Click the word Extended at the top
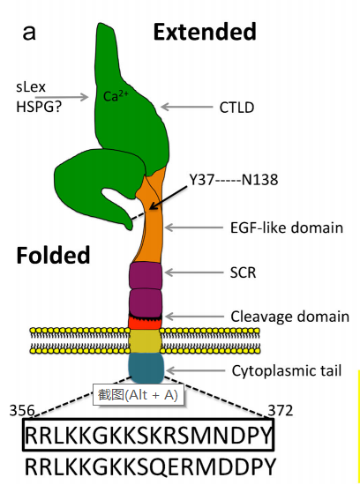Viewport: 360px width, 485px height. (205, 32)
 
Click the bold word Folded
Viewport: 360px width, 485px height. (53, 255)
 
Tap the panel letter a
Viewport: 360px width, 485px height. (29, 34)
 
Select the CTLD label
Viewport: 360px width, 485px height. (236, 108)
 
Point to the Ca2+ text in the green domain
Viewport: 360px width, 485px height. (116, 95)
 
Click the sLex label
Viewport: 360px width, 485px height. (31, 87)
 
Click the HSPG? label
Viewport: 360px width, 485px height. (39, 107)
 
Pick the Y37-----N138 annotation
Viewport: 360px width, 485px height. (234, 180)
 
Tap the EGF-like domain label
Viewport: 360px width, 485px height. (287, 228)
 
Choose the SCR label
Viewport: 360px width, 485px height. (243, 272)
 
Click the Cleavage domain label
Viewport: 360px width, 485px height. (290, 317)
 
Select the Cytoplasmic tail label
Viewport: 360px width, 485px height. (287, 370)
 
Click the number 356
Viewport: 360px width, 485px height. (22, 411)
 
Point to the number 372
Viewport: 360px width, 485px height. (280, 411)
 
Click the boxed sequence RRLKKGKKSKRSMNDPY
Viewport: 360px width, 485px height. (148, 435)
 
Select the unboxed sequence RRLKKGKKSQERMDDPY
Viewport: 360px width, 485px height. (150, 467)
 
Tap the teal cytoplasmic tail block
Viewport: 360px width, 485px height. (146, 368)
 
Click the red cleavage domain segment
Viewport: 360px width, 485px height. (146, 323)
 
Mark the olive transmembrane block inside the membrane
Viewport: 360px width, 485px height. (146, 341)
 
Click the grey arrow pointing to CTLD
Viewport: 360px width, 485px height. (187, 108)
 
